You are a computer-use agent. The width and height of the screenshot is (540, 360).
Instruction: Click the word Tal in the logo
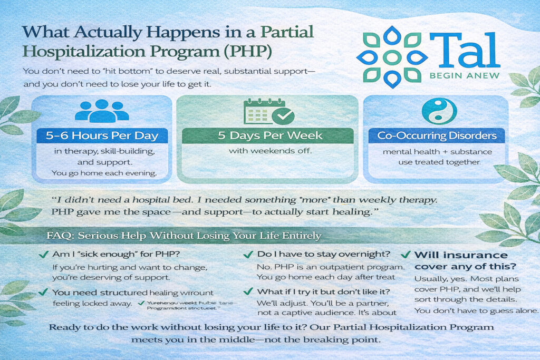point(464,51)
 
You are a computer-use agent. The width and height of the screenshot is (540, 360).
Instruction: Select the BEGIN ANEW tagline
point(464,75)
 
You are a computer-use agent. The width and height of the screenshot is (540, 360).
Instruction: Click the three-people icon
point(102,111)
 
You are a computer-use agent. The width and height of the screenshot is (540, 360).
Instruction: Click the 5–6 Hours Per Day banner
point(102,135)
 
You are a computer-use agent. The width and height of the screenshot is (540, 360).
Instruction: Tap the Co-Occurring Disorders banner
point(437,135)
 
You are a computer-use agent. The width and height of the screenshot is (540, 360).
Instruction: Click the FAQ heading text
point(184,235)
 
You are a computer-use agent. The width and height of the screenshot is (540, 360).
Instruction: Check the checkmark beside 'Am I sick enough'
point(44,255)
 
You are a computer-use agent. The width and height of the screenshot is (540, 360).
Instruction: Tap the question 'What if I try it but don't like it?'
point(323,291)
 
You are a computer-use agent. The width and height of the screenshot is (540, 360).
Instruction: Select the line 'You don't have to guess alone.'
point(476,310)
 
